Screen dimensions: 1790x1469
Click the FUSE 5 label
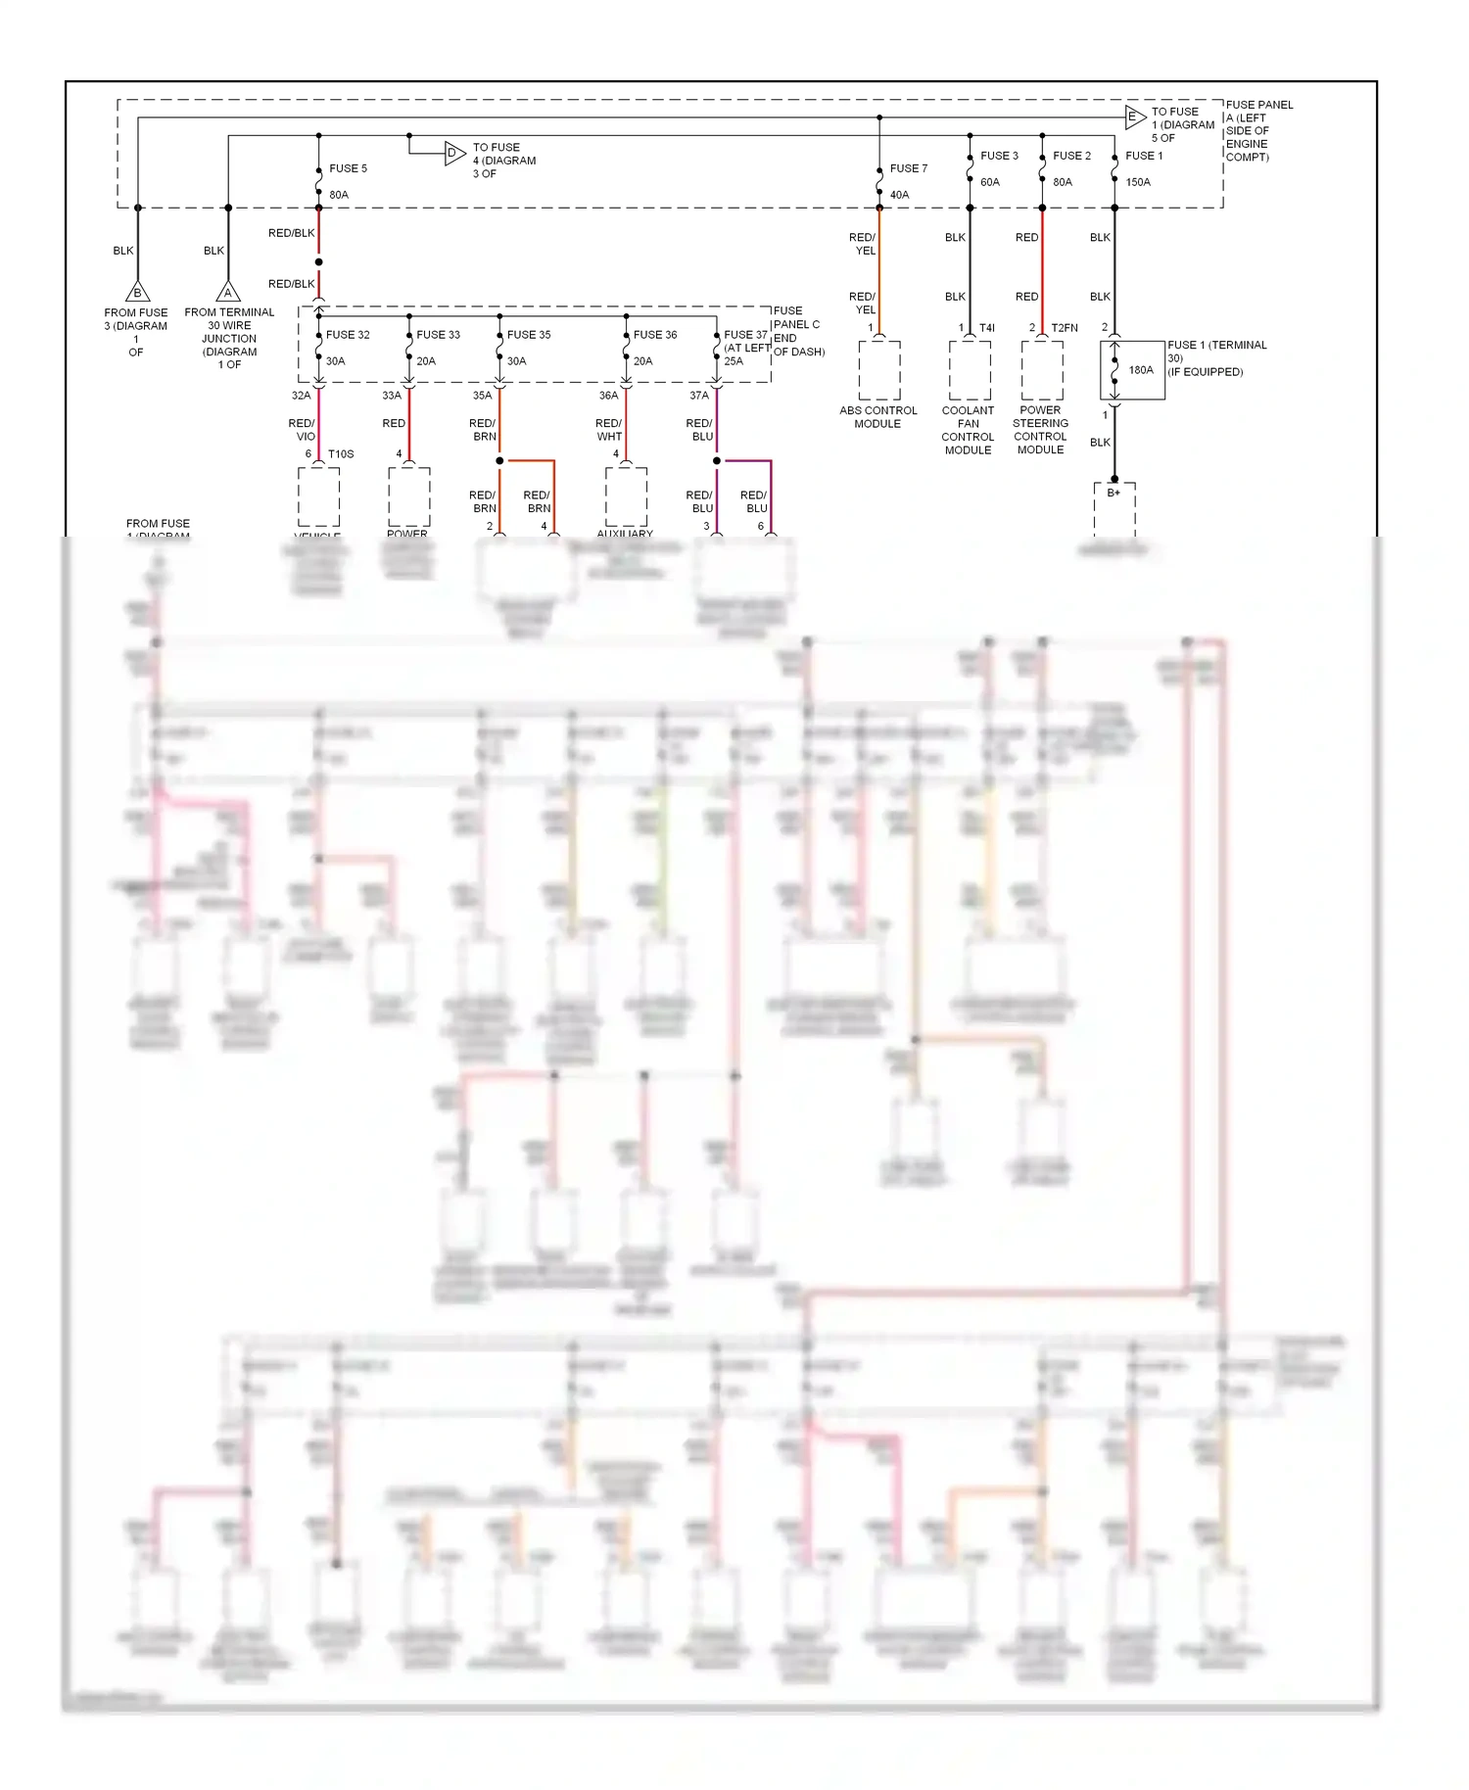pyautogui.click(x=348, y=168)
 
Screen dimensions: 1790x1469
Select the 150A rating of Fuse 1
pyautogui.click(x=1138, y=182)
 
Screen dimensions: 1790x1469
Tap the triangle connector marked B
pyautogui.click(x=138, y=293)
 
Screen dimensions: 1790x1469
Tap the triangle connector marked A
pyautogui.click(x=228, y=293)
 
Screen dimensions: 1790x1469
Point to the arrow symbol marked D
pyautogui.click(x=454, y=153)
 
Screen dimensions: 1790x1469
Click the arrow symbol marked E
pyautogui.click(x=1134, y=117)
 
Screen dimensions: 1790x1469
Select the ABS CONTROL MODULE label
pyautogui.click(x=877, y=417)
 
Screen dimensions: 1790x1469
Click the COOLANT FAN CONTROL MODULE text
pyautogui.click(x=968, y=430)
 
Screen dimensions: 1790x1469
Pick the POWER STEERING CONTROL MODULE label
pyautogui.click(x=1040, y=430)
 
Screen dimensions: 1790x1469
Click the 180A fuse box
pyautogui.click(x=1133, y=370)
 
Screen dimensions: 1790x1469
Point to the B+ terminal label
pyautogui.click(x=1114, y=493)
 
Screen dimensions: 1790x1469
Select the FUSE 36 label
pyautogui.click(x=655, y=335)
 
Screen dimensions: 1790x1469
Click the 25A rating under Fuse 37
pyautogui.click(x=734, y=361)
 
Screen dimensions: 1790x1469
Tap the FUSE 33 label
pyautogui.click(x=438, y=335)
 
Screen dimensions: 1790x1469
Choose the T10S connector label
pyautogui.click(x=341, y=454)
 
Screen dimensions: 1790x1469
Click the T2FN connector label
pyautogui.click(x=1065, y=328)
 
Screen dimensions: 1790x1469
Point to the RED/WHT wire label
pyautogui.click(x=608, y=430)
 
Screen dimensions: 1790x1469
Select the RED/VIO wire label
pyautogui.click(x=302, y=430)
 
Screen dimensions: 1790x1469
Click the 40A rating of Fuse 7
pyautogui.click(x=899, y=195)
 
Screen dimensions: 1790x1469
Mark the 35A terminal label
pyautogui.click(x=482, y=396)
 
